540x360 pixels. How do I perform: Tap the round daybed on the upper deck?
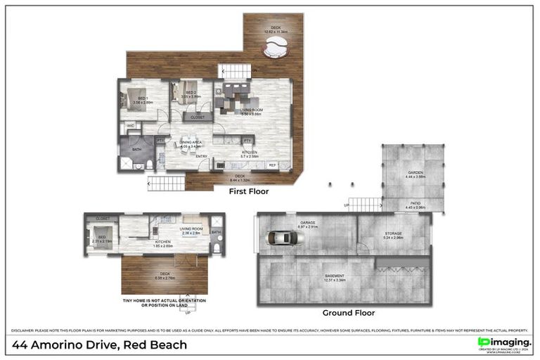pyautogui.click(x=275, y=49)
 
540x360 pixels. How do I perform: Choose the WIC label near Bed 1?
pyautogui.click(x=131, y=126)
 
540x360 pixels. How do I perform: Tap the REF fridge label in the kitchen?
pyautogui.click(x=273, y=165)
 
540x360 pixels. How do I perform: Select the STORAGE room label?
pyautogui.click(x=393, y=234)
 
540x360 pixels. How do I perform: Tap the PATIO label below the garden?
pyautogui.click(x=414, y=204)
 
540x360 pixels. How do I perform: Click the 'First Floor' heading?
pyautogui.click(x=249, y=191)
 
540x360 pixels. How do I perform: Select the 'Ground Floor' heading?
pyautogui.click(x=348, y=313)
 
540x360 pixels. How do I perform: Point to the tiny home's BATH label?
pyautogui.click(x=216, y=232)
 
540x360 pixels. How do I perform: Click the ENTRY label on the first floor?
pyautogui.click(x=202, y=156)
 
